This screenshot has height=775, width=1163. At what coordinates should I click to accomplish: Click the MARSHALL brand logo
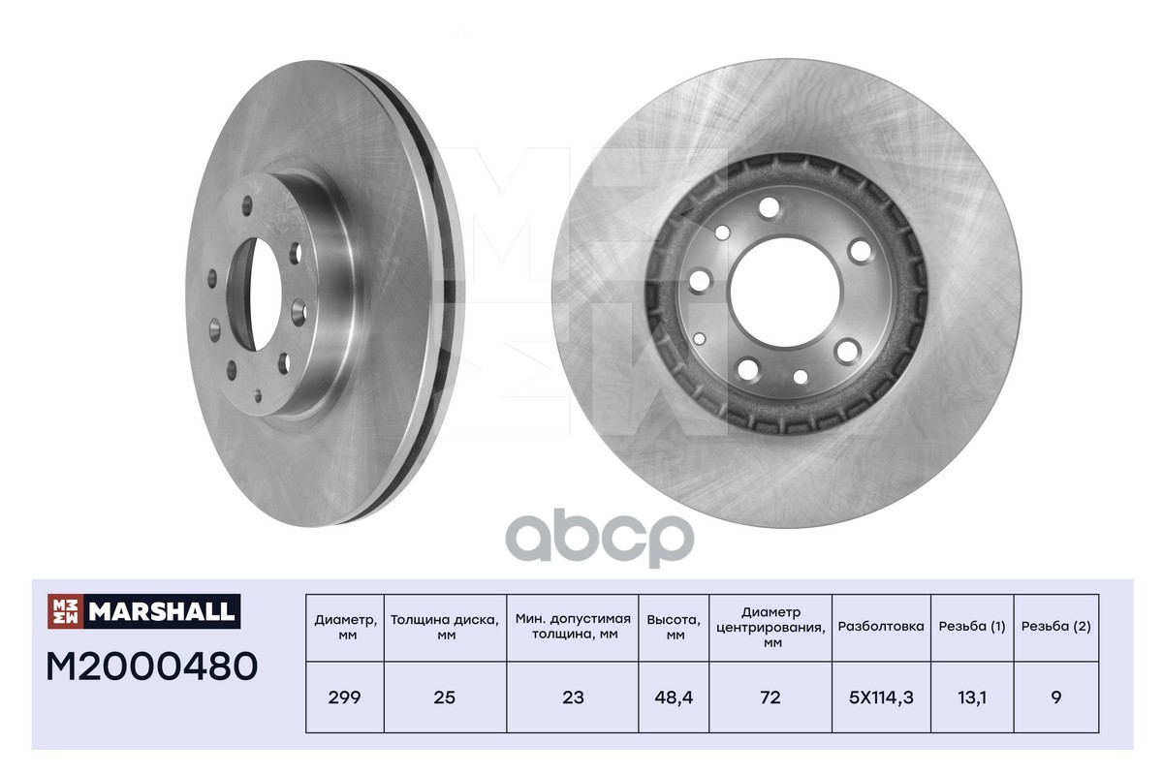click(143, 610)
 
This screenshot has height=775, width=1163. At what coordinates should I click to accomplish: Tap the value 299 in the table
click(344, 697)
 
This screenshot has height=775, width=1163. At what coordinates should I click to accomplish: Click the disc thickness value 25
click(445, 697)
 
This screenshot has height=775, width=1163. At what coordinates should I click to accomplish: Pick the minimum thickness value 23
click(574, 697)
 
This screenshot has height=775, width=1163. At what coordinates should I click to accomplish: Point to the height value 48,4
click(674, 697)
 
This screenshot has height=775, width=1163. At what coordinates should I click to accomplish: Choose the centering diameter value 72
click(770, 697)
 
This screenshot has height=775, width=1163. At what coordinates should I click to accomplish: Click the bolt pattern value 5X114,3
click(881, 697)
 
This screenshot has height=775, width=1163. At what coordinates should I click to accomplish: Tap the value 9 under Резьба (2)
click(1055, 697)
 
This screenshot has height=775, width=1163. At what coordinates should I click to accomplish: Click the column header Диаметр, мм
click(344, 628)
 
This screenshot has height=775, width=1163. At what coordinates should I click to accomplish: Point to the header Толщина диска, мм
click(445, 628)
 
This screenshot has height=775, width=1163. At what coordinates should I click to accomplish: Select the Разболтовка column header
click(881, 627)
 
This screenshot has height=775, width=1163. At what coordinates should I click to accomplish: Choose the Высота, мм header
click(674, 628)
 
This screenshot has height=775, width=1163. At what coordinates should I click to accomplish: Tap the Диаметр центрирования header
click(770, 627)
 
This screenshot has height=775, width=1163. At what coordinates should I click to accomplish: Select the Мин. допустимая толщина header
click(574, 628)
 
